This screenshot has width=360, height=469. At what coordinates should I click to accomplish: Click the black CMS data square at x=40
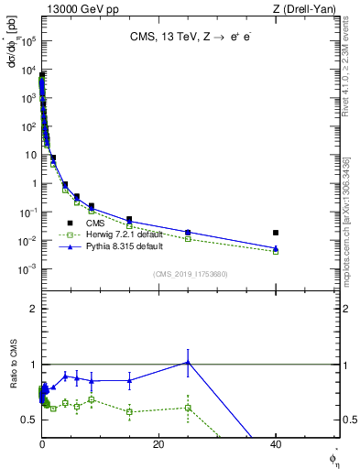pyautogui.click(x=276, y=233)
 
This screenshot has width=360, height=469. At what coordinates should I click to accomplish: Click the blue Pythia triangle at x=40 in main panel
pyautogui.click(x=276, y=248)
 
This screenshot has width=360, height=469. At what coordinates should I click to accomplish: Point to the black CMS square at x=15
pyautogui.click(x=129, y=220)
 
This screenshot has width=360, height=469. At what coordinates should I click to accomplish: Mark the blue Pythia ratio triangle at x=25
pyautogui.click(x=188, y=362)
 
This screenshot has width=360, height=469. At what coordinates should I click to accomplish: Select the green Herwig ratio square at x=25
pyautogui.click(x=188, y=408)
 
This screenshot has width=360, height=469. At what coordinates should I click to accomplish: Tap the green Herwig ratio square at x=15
pyautogui.click(x=129, y=411)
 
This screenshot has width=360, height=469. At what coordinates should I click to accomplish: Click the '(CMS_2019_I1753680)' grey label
pyautogui.click(x=190, y=273)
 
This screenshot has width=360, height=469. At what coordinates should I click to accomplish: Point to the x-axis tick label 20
pyautogui.click(x=158, y=444)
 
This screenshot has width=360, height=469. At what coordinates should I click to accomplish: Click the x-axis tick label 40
pyautogui.click(x=276, y=444)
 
